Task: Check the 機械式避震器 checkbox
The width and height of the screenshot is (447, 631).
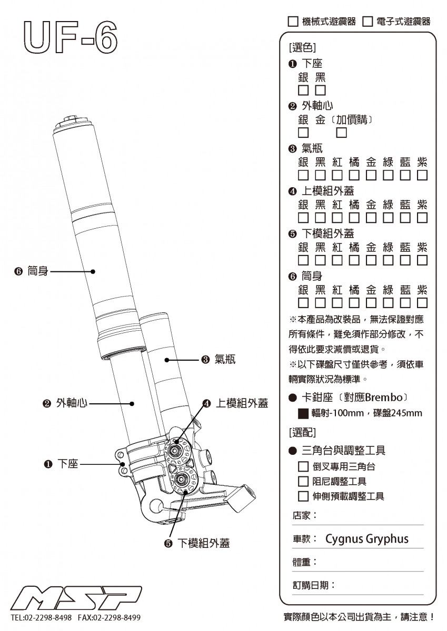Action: tap(293, 22)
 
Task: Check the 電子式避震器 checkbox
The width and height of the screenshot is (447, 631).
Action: tap(367, 22)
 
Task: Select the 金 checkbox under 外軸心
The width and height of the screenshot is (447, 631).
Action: tap(342, 132)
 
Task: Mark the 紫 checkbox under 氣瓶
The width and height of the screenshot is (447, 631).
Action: tap(422, 175)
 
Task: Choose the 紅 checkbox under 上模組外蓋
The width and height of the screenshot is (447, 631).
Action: tap(337, 217)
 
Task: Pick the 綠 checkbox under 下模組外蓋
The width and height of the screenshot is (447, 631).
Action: tap(388, 260)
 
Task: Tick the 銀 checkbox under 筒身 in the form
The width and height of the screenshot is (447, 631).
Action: tap(304, 302)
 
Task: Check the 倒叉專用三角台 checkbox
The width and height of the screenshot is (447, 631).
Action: tap(303, 466)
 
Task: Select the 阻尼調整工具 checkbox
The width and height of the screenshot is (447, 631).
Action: tap(303, 481)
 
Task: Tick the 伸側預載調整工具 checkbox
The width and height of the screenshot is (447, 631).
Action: tap(303, 496)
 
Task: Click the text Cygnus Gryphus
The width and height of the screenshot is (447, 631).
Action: tap(367, 539)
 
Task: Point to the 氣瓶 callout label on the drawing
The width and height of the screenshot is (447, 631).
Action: tap(224, 360)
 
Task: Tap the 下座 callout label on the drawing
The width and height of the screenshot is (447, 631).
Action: tap(67, 464)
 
